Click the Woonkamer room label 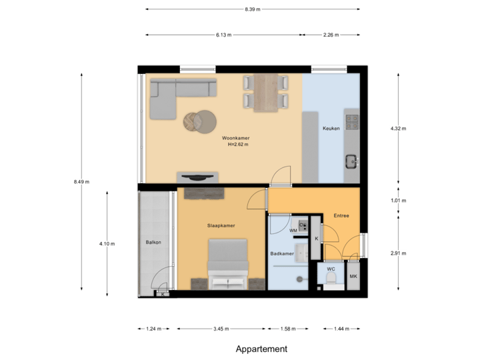pos(236,138)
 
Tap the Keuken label pos(331,129)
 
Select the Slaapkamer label pos(221,225)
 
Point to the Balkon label pos(153,241)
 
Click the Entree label pos(341,215)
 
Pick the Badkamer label pos(282,253)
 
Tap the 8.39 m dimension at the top pos(253,9)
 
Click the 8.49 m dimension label pos(82,181)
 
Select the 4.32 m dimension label pos(398,128)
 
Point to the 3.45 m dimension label pos(221,329)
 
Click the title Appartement pos(261,349)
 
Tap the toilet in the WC pos(330,277)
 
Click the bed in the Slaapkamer pos(227,265)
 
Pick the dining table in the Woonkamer pos(266,92)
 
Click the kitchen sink pos(351,161)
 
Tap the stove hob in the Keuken pos(351,122)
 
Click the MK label pos(353,276)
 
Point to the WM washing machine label pos(293,231)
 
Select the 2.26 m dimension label pos(331,35)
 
